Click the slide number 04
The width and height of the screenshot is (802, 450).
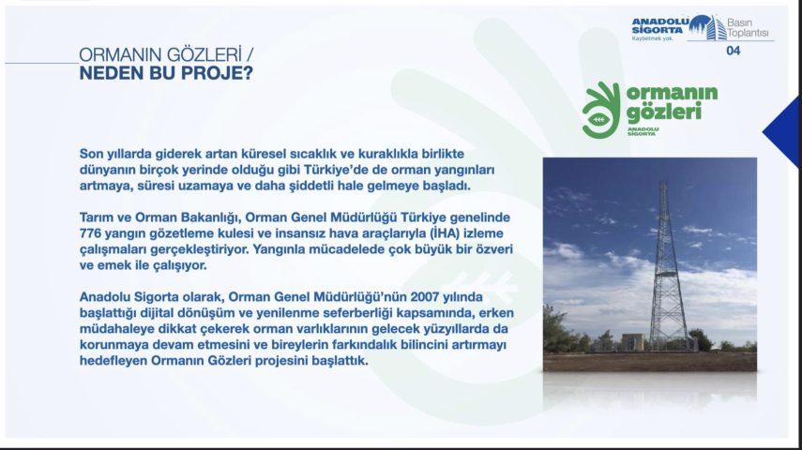[x=733, y=51]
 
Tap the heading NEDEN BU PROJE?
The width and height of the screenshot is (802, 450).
[x=166, y=73]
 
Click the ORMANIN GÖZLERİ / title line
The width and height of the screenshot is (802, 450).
[x=166, y=54]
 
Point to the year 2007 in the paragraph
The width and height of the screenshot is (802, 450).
[x=425, y=297]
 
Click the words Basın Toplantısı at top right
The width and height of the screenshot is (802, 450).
[x=748, y=27]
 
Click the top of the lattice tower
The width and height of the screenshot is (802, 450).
[x=664, y=183]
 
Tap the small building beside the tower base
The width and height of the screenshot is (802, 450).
[x=634, y=342]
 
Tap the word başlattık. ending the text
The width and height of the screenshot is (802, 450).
[x=340, y=361]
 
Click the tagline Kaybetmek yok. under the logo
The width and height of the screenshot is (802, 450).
[x=652, y=38]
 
